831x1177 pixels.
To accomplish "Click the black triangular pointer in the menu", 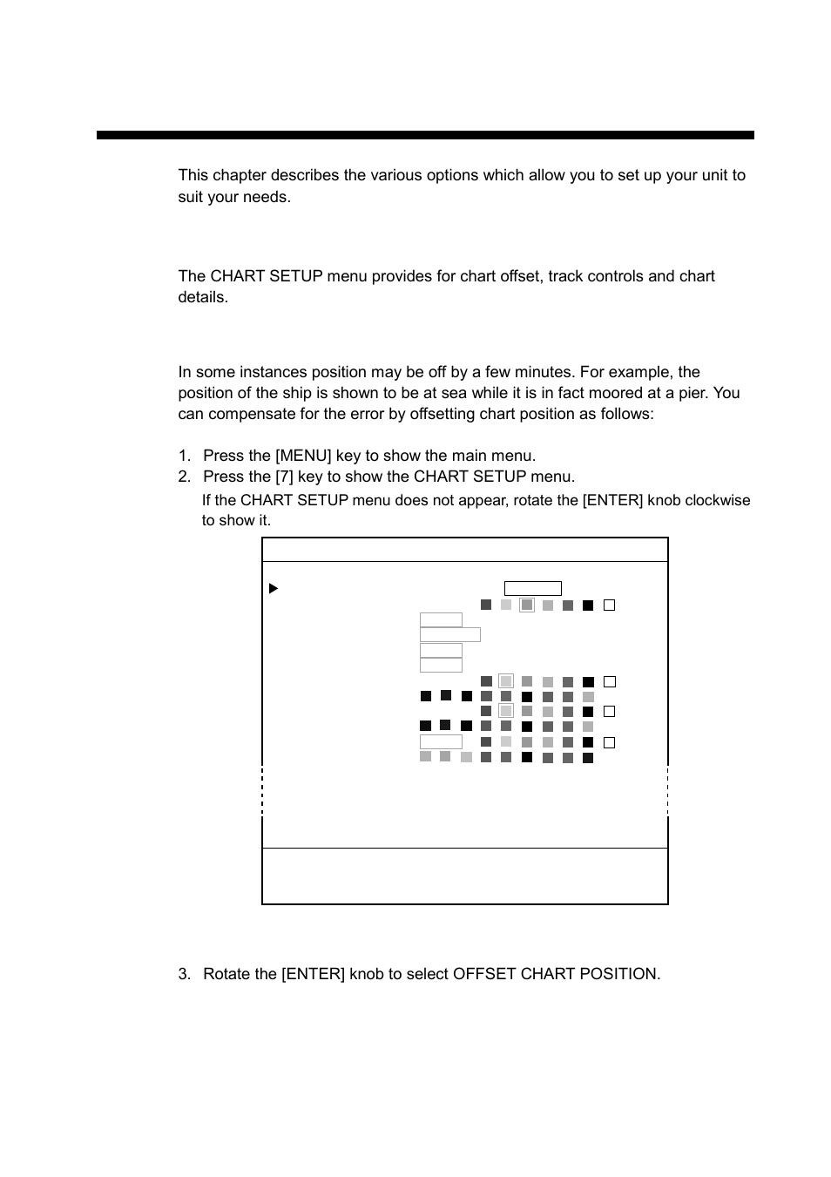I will [274, 589].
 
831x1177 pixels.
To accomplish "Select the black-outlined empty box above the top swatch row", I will [532, 589].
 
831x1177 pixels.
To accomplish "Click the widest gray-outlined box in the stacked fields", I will [449, 635].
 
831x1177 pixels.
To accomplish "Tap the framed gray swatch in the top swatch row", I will [526, 605].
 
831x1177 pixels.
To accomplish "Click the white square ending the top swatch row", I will [609, 605].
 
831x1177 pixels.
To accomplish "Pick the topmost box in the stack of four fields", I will [441, 620].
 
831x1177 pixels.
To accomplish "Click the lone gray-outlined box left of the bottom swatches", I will [441, 742].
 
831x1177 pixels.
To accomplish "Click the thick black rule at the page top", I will [425, 135].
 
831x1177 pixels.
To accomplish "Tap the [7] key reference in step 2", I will [284, 477].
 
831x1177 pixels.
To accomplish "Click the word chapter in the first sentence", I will [239, 175].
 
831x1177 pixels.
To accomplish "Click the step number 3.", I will [184, 974].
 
